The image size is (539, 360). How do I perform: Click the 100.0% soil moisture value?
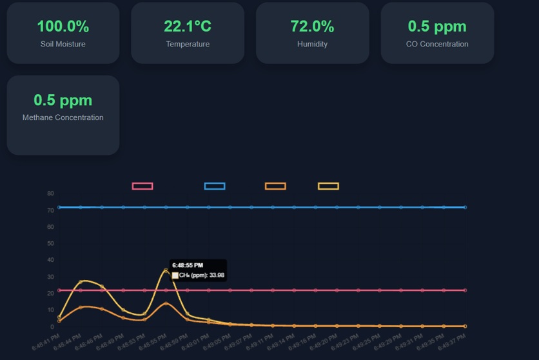click(63, 26)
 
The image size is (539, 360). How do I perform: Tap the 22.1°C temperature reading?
click(187, 26)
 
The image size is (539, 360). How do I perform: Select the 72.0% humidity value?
click(312, 26)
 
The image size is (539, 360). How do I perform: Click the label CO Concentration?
click(437, 45)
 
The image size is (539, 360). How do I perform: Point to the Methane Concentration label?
click(63, 117)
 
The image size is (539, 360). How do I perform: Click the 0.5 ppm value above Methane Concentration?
click(63, 101)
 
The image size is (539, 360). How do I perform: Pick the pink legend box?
click(142, 186)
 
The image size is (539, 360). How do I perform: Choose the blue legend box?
click(215, 186)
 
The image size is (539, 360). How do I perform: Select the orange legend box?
click(275, 186)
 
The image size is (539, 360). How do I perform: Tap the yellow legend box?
click(328, 186)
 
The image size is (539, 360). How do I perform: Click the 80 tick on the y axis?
click(50, 194)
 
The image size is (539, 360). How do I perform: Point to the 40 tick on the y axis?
click(50, 260)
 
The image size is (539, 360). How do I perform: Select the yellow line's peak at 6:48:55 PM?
click(166, 270)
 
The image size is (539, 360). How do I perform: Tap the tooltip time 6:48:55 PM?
click(188, 265)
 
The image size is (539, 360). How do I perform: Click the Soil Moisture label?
click(63, 45)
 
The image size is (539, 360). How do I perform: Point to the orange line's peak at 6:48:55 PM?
click(166, 303)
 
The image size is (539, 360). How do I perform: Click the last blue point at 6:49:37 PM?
click(465, 207)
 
